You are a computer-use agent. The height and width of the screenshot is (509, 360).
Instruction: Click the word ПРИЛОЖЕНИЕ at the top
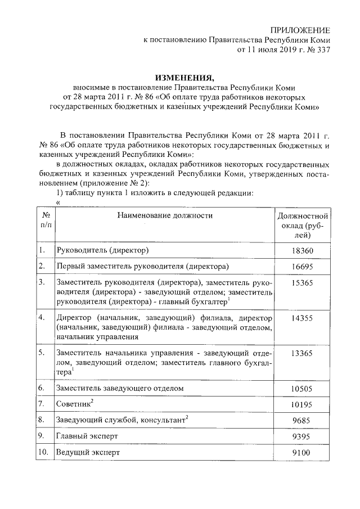(300, 29)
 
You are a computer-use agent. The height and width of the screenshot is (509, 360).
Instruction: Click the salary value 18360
(303, 250)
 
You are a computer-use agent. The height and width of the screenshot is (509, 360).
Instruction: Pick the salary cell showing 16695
(303, 266)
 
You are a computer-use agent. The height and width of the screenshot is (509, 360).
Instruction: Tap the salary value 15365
(303, 283)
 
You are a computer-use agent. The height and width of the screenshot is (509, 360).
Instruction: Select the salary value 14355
(303, 318)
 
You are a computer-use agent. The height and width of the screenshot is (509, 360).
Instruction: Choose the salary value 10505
(303, 389)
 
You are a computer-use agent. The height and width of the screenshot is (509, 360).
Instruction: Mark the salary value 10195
(303, 404)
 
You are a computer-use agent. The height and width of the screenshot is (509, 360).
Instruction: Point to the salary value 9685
(303, 420)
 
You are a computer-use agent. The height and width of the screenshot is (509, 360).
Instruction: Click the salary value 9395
(303, 436)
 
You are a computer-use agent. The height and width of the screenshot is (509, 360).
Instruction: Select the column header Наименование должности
(165, 215)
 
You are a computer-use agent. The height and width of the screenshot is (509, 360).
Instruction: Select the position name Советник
(73, 404)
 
